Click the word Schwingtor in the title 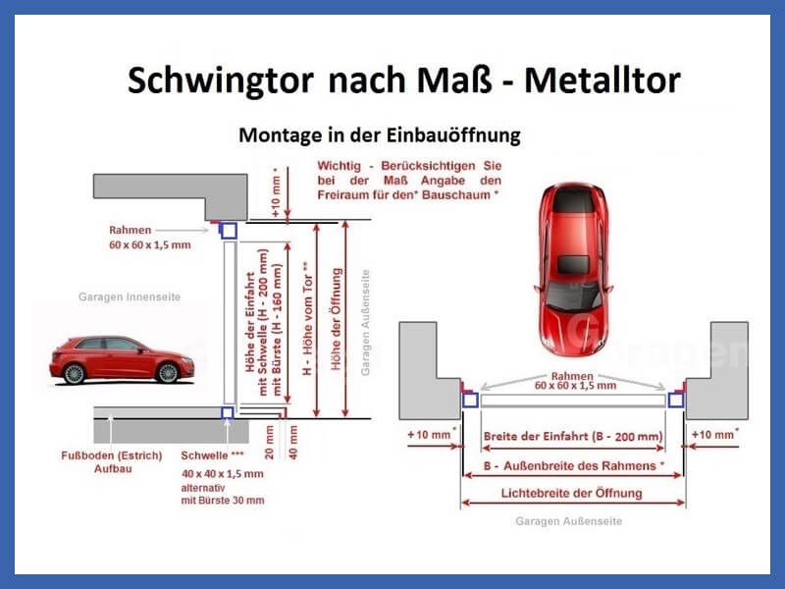point(221,80)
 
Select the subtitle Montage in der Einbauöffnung point(380,135)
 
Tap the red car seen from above point(574,269)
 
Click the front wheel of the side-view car point(168,373)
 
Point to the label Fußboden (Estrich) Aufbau point(112,461)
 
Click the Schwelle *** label point(212,455)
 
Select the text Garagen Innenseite point(130,296)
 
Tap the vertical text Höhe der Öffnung point(337,319)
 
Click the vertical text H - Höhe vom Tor point(307,318)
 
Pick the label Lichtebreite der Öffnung point(572,494)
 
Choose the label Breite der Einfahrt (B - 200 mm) point(573,436)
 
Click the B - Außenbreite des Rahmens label point(574,465)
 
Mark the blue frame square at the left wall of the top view point(470,401)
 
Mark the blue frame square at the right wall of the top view point(676,401)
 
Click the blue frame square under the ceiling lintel point(229,231)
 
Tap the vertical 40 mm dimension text point(293,443)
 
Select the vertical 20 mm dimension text point(269,443)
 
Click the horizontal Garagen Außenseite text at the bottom point(569,521)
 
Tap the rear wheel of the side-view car point(75,374)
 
